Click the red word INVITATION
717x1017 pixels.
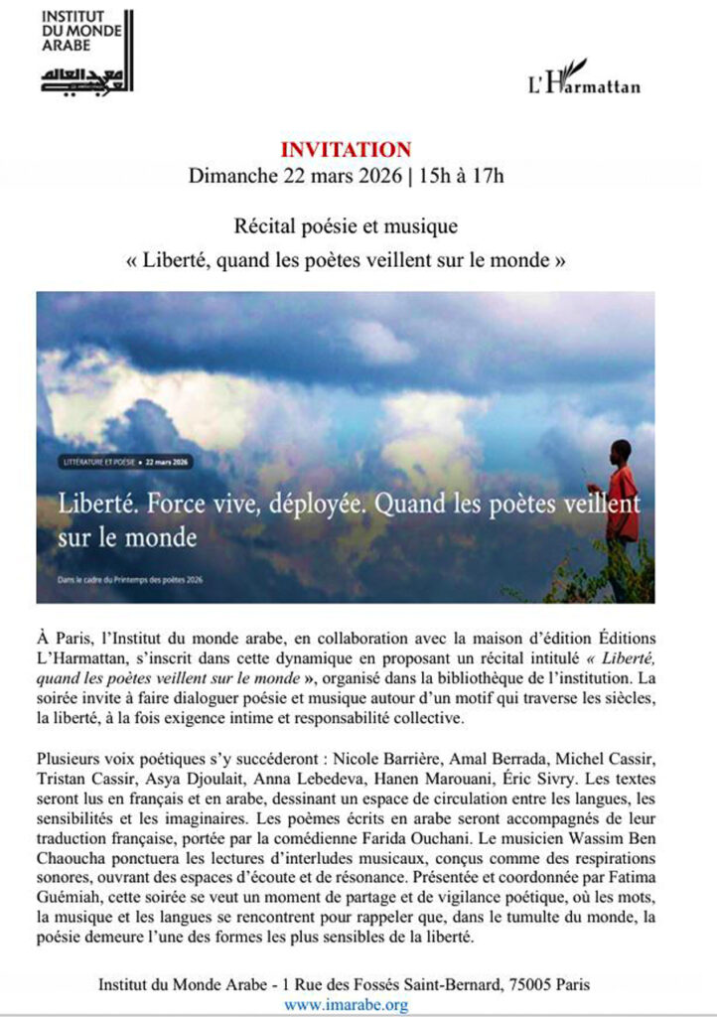[345, 150]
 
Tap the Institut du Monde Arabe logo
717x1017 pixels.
[87, 52]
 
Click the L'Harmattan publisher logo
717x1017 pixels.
[583, 78]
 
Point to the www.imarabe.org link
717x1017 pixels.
[346, 1005]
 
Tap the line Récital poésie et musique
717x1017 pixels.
[345, 227]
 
